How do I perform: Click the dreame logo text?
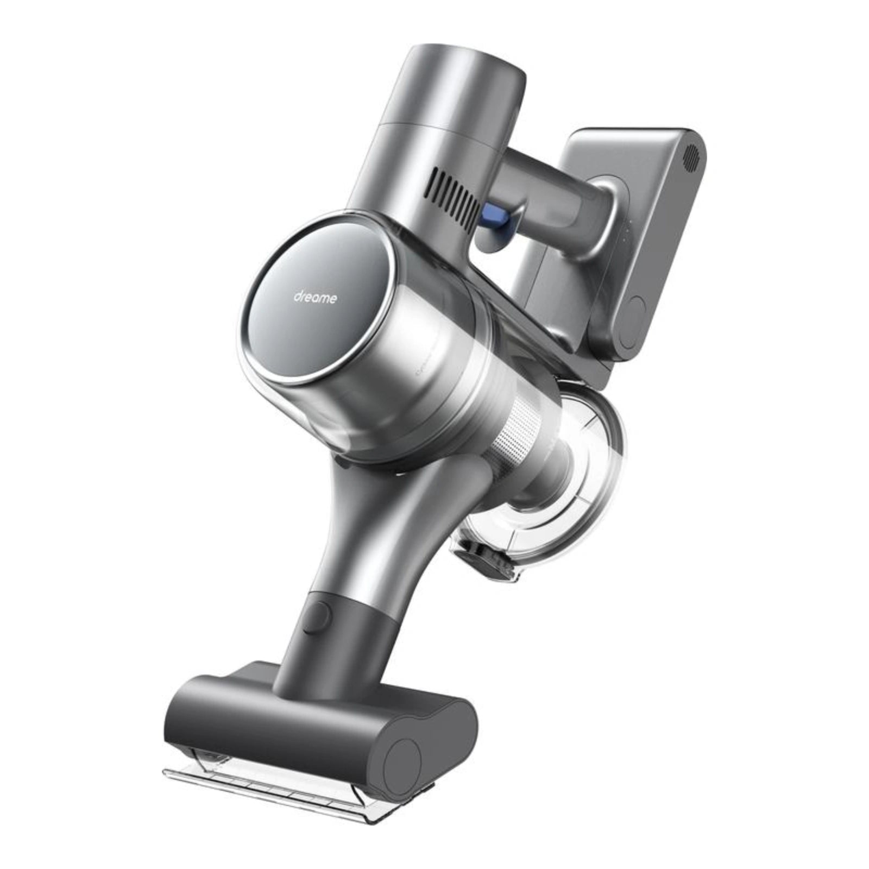(315, 298)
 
